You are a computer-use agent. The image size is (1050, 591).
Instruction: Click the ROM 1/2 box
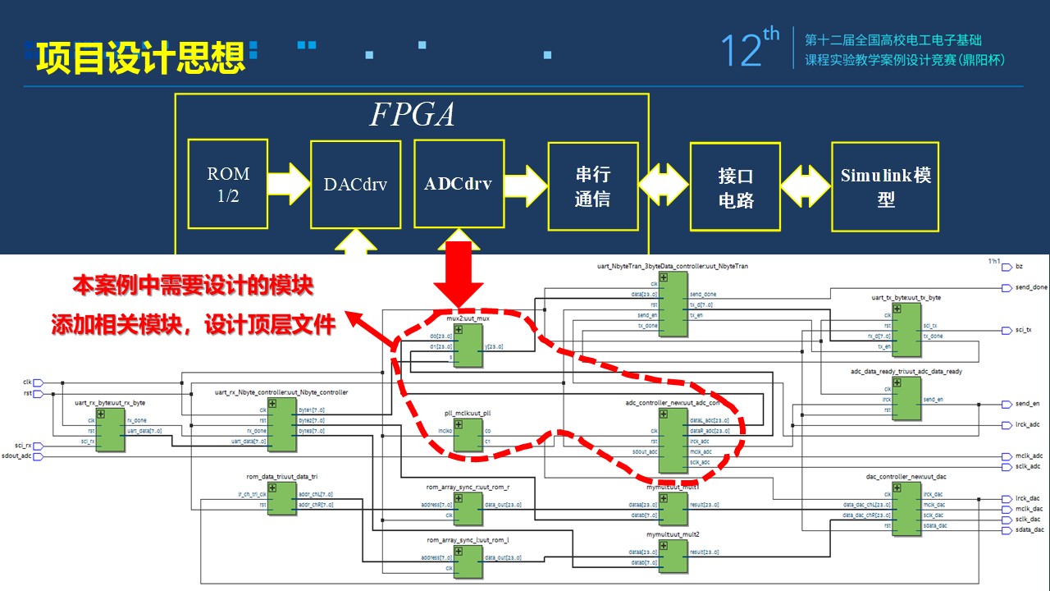(228, 184)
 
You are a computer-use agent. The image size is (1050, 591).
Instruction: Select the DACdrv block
(355, 185)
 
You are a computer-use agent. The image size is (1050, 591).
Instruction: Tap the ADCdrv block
(459, 183)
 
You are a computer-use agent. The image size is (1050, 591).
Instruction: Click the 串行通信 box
(592, 186)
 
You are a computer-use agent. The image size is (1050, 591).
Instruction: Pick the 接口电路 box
(735, 187)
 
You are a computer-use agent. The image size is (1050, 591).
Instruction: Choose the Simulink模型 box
(886, 187)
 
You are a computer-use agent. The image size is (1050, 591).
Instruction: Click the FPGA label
(412, 114)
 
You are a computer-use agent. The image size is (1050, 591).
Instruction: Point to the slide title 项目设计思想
(139, 58)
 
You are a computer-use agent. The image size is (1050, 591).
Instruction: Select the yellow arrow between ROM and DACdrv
(289, 185)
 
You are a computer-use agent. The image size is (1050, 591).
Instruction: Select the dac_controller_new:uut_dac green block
(906, 509)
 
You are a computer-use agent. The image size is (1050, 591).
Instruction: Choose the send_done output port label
(1025, 288)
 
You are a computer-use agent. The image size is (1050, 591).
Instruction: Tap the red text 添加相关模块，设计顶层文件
(194, 325)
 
